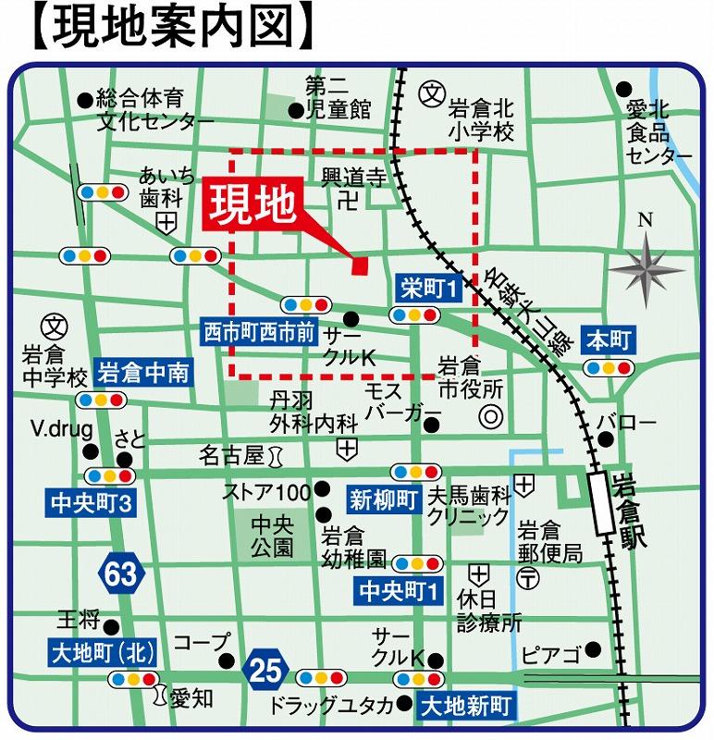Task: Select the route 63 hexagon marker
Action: click(120, 574)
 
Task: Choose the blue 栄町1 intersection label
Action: click(428, 289)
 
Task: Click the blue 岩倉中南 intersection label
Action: click(143, 373)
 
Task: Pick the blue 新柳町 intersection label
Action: click(384, 500)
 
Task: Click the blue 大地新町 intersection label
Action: click(465, 708)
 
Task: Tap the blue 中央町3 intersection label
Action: click(90, 504)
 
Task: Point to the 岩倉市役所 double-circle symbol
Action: click(489, 418)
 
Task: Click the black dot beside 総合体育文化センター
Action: click(85, 97)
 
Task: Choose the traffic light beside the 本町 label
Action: click(609, 367)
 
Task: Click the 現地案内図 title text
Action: click(166, 28)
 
